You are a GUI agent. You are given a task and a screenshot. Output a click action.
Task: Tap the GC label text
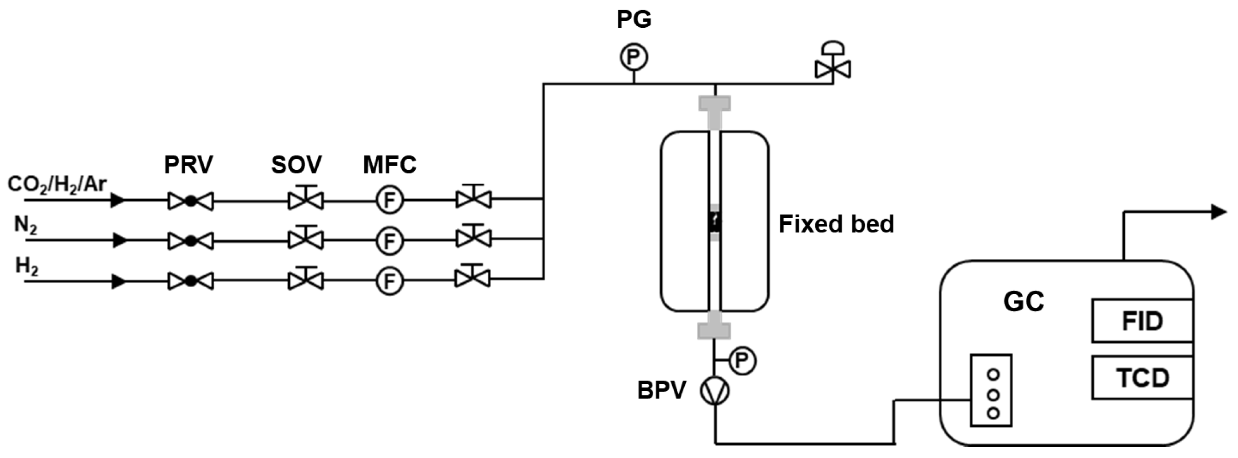(1023, 302)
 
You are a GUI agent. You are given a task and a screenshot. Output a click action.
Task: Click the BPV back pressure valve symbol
(715, 391)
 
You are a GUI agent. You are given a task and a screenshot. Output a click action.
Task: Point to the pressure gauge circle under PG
(634, 58)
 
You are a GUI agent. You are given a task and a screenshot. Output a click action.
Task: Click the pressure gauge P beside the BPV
(743, 361)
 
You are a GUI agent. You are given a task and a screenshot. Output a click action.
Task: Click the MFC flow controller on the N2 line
(389, 241)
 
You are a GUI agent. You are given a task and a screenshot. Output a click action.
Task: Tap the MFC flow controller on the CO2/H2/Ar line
(389, 200)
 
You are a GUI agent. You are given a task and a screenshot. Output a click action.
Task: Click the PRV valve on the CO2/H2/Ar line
(190, 201)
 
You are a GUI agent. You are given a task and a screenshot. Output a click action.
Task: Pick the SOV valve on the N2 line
(306, 239)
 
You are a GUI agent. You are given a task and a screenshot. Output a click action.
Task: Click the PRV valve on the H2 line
(190, 281)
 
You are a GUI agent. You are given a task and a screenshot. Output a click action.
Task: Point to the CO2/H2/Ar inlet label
(57, 184)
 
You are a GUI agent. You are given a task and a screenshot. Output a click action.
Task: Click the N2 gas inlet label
(26, 225)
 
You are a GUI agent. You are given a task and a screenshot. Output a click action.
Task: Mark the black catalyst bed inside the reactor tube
(715, 222)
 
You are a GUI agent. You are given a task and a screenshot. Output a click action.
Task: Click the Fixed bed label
(836, 224)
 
